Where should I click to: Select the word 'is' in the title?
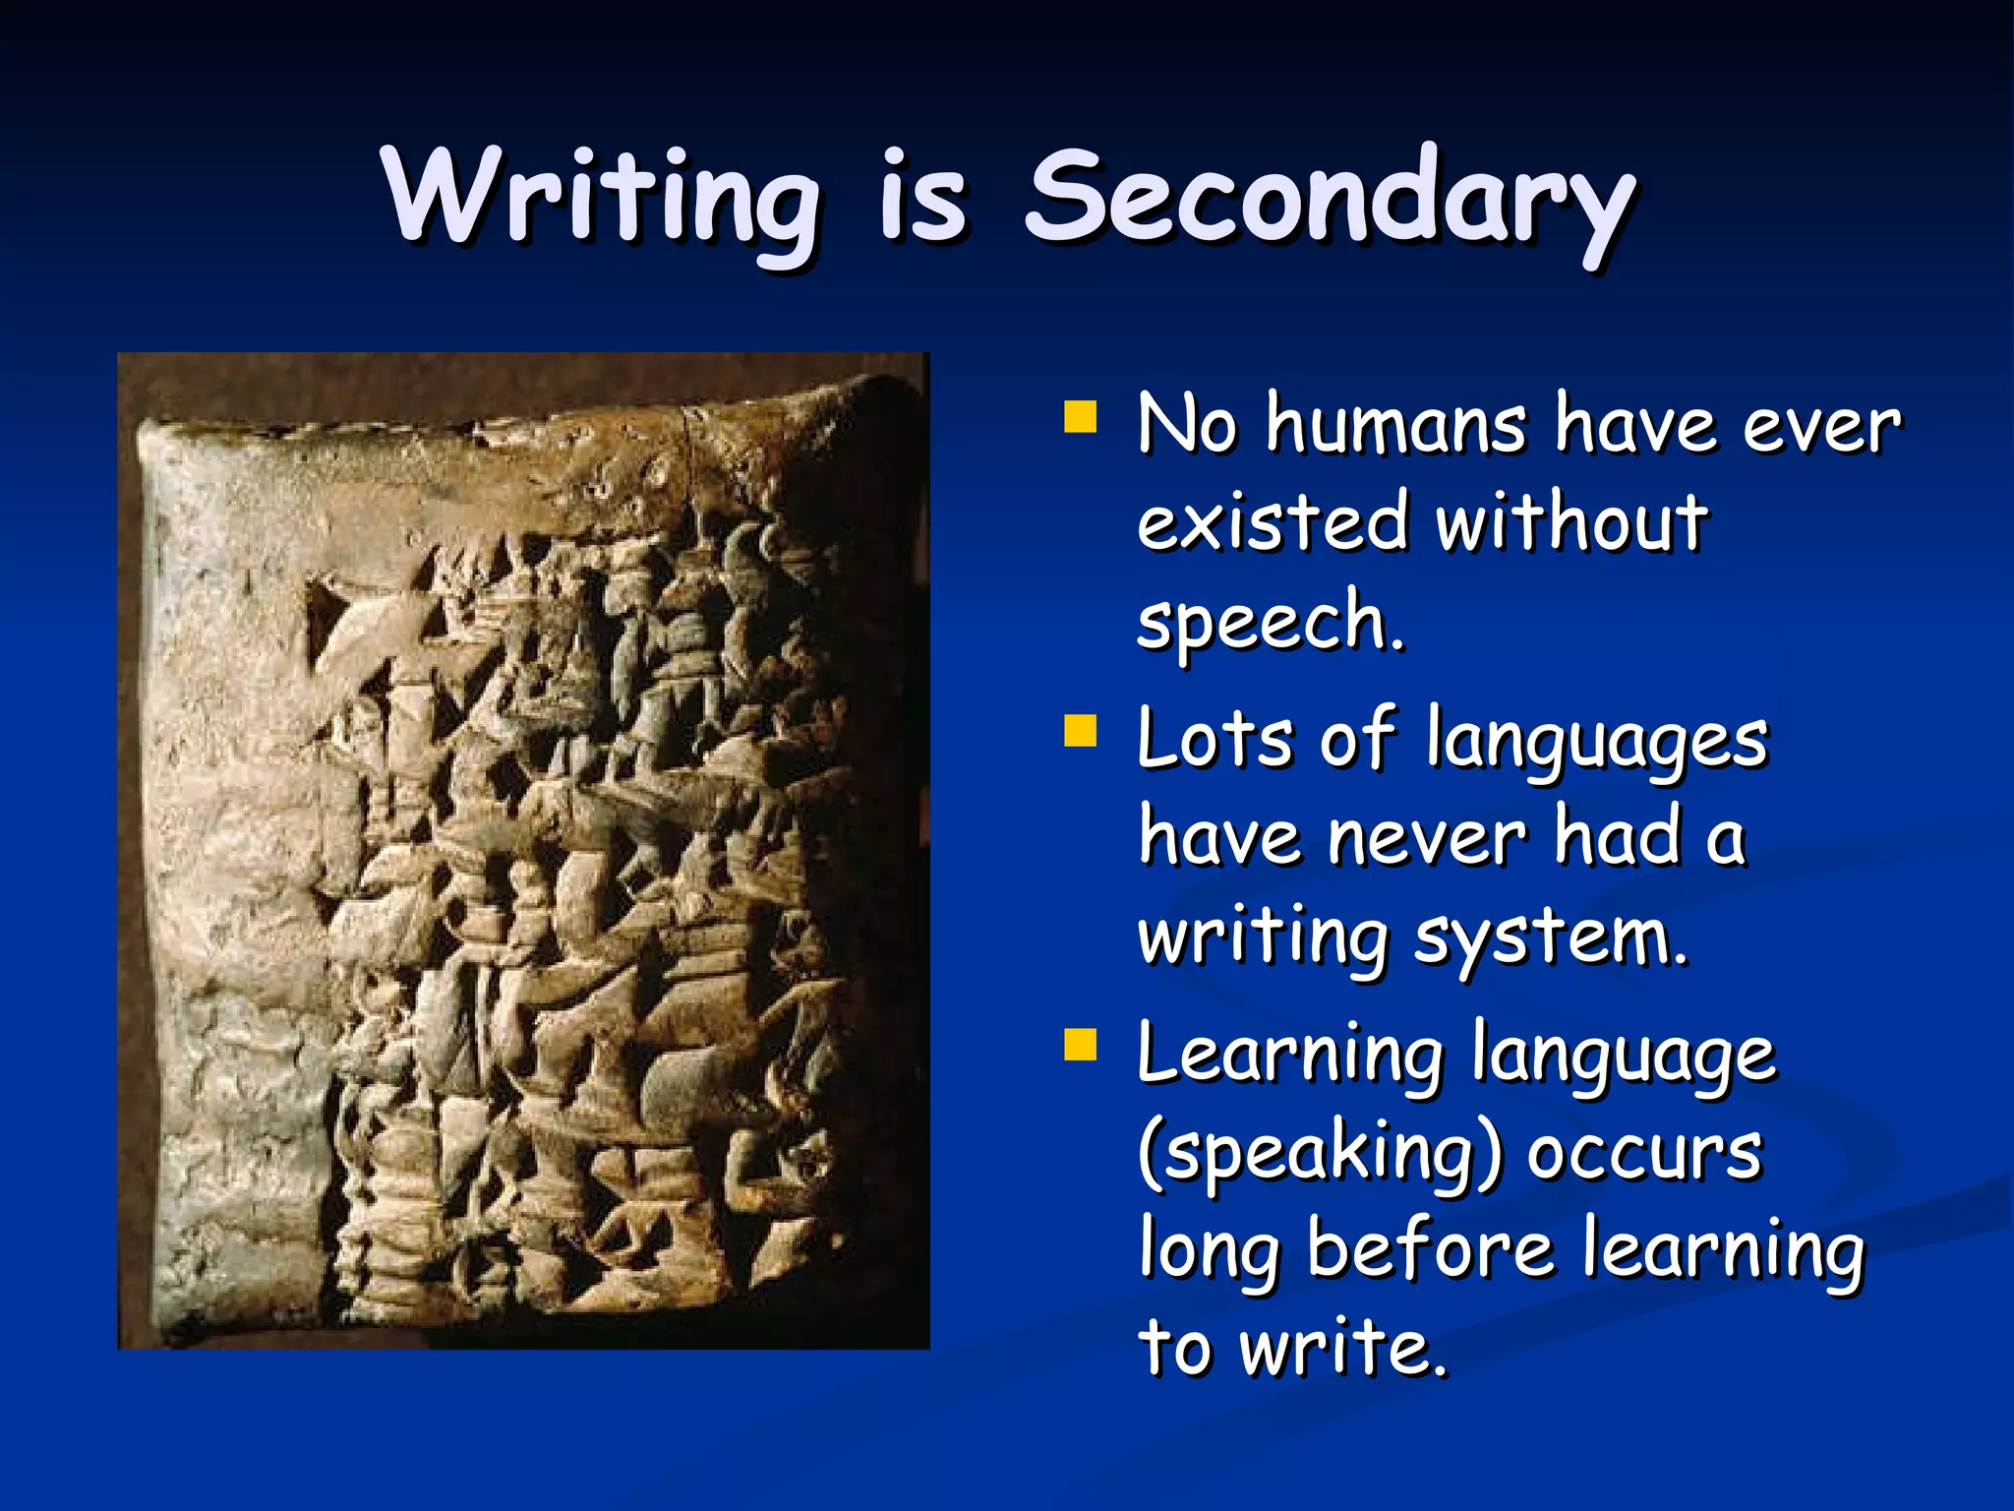coord(922,197)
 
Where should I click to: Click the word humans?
coord(1395,425)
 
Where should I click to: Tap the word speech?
coord(1269,622)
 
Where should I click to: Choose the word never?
coord(1426,837)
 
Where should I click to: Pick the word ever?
coord(1822,425)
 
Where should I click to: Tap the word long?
coord(1210,1251)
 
